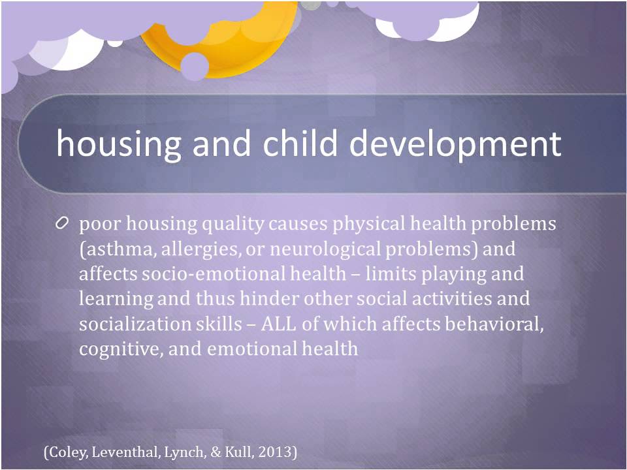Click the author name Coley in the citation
pyautogui.click(x=67, y=452)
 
